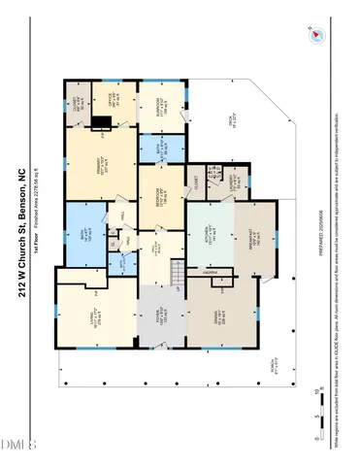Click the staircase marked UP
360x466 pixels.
[178, 273]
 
